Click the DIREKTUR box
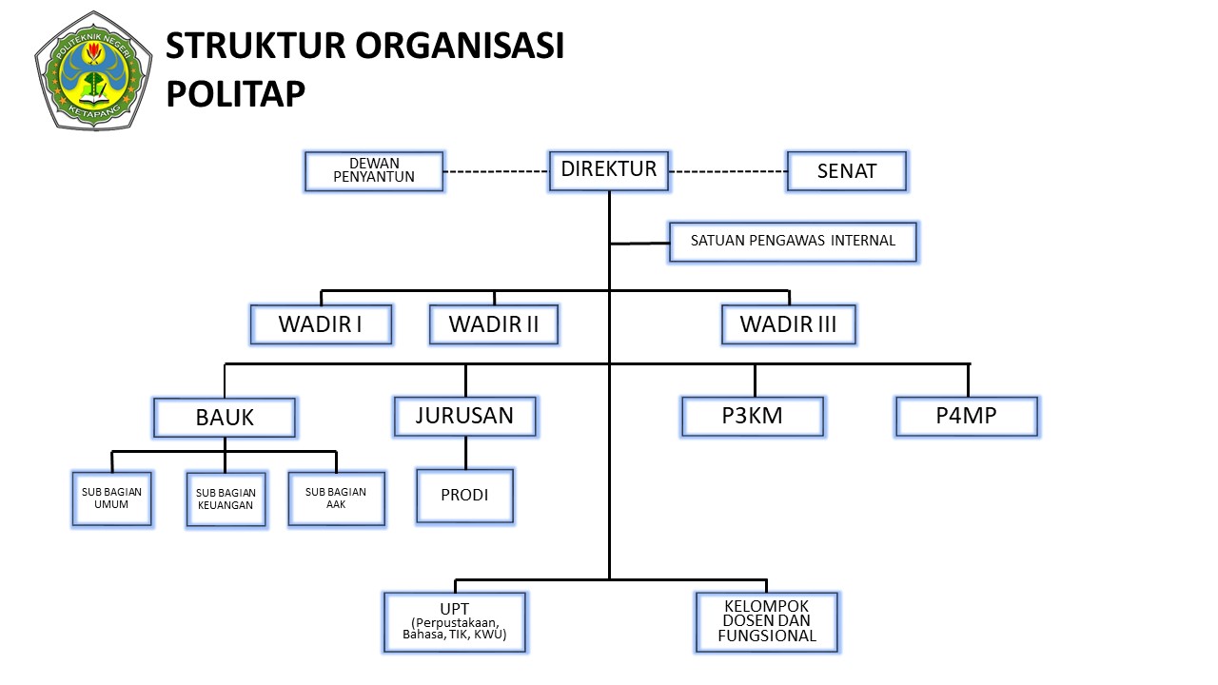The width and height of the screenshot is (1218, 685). [x=609, y=170]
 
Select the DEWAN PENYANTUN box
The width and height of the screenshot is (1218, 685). [x=374, y=171]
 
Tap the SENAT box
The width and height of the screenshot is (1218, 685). [x=847, y=171]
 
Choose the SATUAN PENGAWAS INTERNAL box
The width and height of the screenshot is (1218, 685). [x=794, y=242]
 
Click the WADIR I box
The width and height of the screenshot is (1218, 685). [x=321, y=324]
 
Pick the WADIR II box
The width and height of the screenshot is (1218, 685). [x=493, y=324]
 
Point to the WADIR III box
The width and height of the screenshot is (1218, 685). [x=788, y=324]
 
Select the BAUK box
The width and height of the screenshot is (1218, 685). [x=225, y=418]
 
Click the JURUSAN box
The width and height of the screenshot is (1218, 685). [x=464, y=416]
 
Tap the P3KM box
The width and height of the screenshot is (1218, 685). [x=753, y=416]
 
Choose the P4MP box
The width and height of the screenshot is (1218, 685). [x=967, y=416]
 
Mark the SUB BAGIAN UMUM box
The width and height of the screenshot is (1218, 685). [x=112, y=499]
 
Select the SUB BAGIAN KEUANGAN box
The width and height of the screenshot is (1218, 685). [x=226, y=499]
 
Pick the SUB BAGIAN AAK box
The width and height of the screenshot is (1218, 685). [x=336, y=499]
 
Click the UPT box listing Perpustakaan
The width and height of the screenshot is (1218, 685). [x=455, y=622]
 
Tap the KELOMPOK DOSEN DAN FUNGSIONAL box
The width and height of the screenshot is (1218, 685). [x=766, y=622]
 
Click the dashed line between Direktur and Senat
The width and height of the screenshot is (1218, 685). [x=728, y=172]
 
